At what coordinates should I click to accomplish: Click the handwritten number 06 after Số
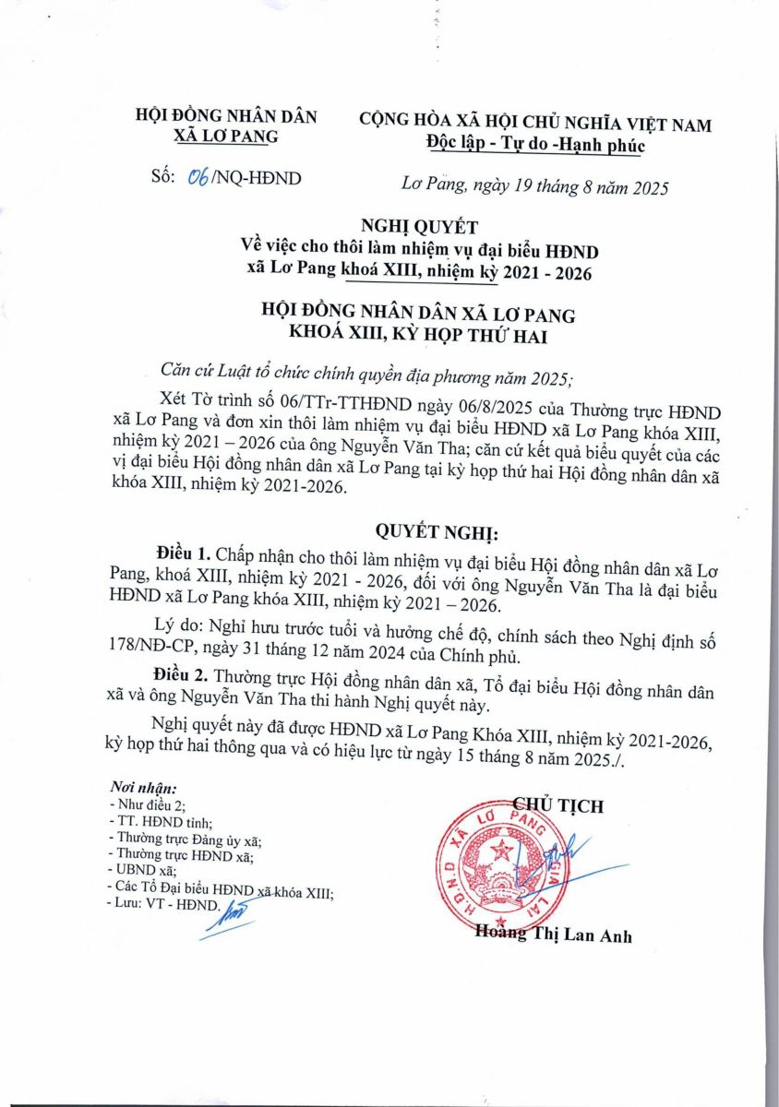click(197, 178)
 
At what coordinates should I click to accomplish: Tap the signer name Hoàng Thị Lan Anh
click(553, 934)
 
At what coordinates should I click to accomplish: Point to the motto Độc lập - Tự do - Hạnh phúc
click(534, 145)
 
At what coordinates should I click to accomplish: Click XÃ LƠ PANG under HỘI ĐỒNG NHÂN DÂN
click(226, 137)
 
